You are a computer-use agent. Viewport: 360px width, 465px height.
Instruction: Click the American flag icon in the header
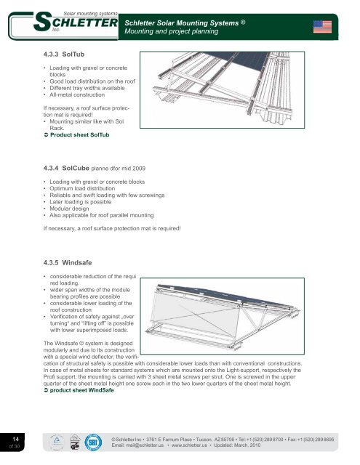(322, 27)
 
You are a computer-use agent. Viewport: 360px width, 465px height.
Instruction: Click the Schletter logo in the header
(76, 22)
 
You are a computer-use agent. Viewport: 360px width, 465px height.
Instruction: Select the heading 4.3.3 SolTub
(64, 54)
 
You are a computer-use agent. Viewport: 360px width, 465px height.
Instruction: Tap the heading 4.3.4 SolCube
(66, 168)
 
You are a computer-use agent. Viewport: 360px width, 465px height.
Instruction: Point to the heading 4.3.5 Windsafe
(68, 262)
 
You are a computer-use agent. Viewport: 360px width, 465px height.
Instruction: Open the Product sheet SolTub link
(76, 135)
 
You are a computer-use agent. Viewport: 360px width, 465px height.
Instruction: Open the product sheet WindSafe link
(79, 390)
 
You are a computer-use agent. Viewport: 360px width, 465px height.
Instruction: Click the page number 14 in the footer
(16, 439)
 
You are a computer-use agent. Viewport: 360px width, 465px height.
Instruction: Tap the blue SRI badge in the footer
(93, 442)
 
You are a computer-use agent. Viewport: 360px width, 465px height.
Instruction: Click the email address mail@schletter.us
(137, 445)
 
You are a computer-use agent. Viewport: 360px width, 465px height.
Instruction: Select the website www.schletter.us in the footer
(189, 445)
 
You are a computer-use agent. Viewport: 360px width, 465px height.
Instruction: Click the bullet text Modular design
(69, 209)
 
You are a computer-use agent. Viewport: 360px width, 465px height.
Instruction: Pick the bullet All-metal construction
(77, 95)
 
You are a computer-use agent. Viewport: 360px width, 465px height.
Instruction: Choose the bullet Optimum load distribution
(82, 188)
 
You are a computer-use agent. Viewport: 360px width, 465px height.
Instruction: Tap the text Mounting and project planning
(171, 31)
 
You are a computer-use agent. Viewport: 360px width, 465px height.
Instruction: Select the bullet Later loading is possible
(81, 202)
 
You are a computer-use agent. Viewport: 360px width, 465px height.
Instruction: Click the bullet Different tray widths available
(87, 88)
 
